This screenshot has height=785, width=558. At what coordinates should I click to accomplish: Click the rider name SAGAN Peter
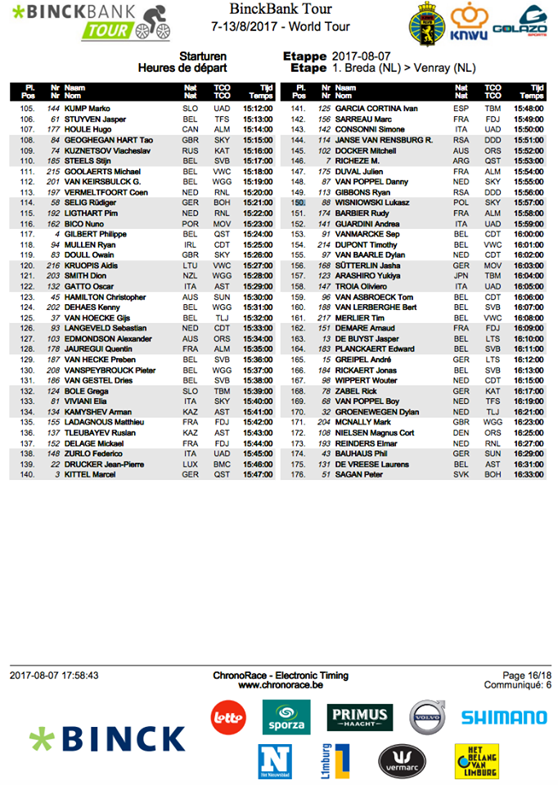(356, 474)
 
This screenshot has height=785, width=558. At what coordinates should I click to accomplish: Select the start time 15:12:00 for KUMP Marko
(258, 108)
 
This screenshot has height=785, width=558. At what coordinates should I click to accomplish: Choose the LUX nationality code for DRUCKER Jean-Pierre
(190, 464)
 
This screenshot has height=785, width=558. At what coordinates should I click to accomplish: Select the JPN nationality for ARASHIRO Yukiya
(460, 276)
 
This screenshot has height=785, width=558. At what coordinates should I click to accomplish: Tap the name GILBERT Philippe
(91, 234)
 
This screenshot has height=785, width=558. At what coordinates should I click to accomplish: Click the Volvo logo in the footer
(426, 717)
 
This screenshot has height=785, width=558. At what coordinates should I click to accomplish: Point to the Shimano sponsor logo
(503, 718)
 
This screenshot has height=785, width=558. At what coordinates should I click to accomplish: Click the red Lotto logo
(228, 717)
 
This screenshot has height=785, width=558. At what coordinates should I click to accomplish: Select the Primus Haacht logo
(359, 717)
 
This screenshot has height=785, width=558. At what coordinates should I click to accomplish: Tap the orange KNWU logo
(469, 24)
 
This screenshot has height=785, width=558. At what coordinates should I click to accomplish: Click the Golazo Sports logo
(520, 22)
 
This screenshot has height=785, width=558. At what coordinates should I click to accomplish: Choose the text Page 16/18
(527, 675)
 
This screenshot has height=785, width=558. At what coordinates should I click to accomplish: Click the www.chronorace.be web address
(281, 686)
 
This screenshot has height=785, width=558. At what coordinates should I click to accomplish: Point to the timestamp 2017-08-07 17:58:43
(55, 676)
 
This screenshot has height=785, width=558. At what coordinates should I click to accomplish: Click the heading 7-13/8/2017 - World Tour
(280, 26)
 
